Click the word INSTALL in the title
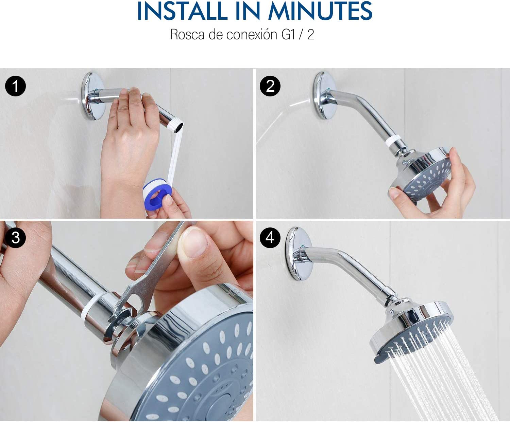[x=182, y=11]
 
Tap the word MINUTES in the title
[x=320, y=11]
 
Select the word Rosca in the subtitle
[x=187, y=35]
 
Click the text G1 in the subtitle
[x=288, y=35]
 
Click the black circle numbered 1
[x=15, y=86]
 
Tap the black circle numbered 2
[x=270, y=86]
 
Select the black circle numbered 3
[x=15, y=238]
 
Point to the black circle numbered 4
[x=270, y=238]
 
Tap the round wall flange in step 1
[x=93, y=96]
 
